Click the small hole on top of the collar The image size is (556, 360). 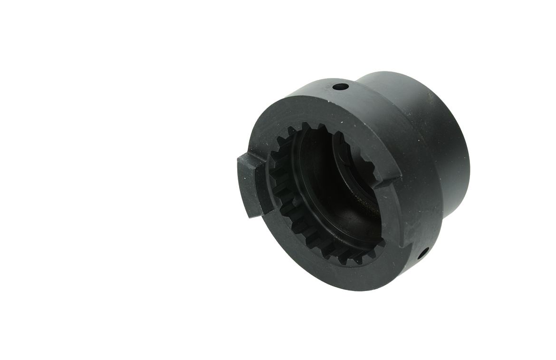coord(340,87)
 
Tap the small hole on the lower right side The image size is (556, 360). coord(421,253)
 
